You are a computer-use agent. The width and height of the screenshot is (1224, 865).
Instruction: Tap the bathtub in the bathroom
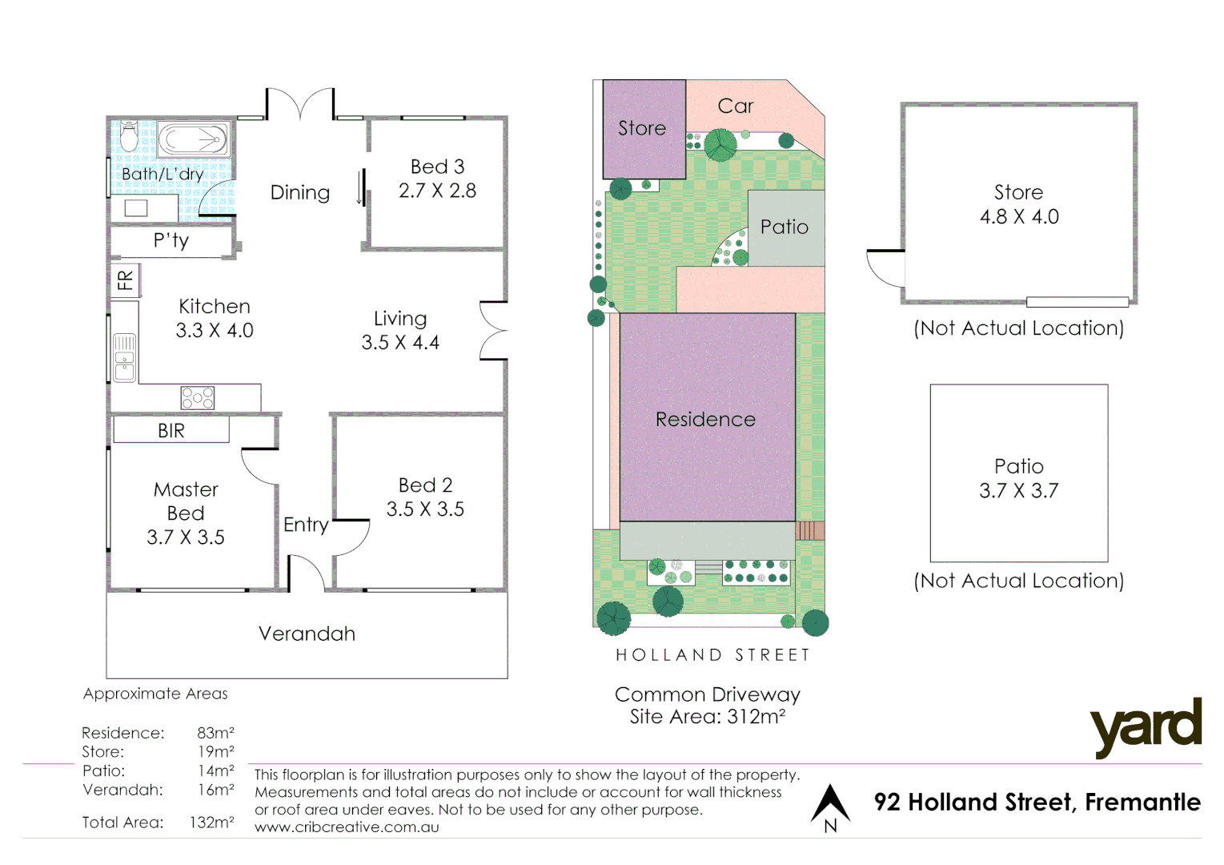193,139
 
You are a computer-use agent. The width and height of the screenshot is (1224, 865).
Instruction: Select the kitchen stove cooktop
197,397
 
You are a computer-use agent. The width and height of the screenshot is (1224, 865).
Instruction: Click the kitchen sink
124,357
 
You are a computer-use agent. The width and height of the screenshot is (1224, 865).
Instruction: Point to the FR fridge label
125,280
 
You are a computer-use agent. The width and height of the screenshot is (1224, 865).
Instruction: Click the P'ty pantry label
171,240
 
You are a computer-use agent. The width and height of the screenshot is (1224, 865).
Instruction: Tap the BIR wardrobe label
171,431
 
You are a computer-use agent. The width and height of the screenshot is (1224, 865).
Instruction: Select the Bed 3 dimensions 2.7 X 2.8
437,191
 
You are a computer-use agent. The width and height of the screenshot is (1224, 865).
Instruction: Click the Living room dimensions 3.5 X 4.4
400,343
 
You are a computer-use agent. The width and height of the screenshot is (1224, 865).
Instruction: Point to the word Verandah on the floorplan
307,634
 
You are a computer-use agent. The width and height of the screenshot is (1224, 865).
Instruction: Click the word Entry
306,525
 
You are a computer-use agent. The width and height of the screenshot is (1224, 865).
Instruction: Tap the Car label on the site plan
735,106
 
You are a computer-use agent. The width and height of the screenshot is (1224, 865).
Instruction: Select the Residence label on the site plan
705,419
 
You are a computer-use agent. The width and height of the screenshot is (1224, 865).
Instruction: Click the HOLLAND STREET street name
712,655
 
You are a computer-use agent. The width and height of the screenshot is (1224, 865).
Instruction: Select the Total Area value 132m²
211,822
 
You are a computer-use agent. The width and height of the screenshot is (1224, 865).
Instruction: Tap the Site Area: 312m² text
707,717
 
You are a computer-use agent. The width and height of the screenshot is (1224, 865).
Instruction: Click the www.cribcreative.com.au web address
347,827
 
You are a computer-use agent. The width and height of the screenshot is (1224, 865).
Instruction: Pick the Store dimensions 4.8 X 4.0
1018,217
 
